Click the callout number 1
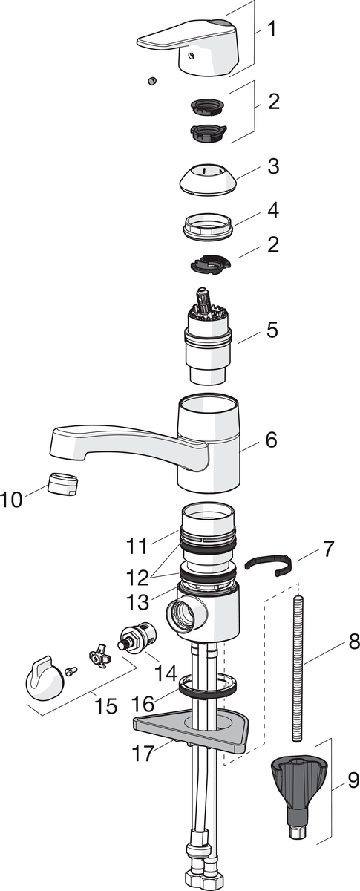[x=272, y=29]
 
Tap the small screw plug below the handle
[x=152, y=81]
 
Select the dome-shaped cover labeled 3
[x=208, y=179]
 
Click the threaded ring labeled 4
[x=209, y=226]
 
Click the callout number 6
[x=271, y=440]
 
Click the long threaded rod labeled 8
[x=298, y=655]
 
